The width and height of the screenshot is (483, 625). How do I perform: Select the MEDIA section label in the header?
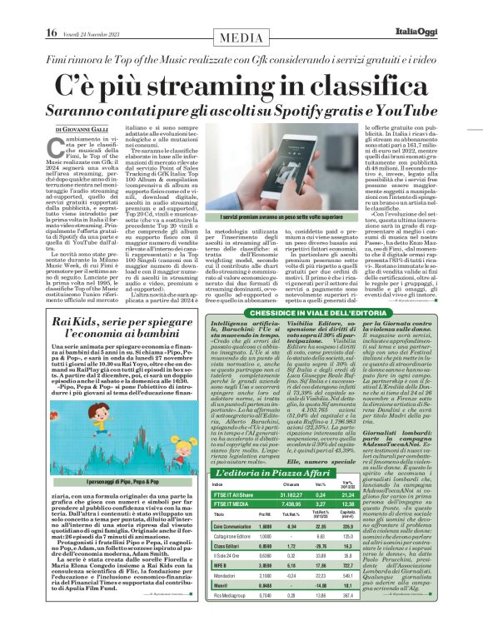click(242, 37)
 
